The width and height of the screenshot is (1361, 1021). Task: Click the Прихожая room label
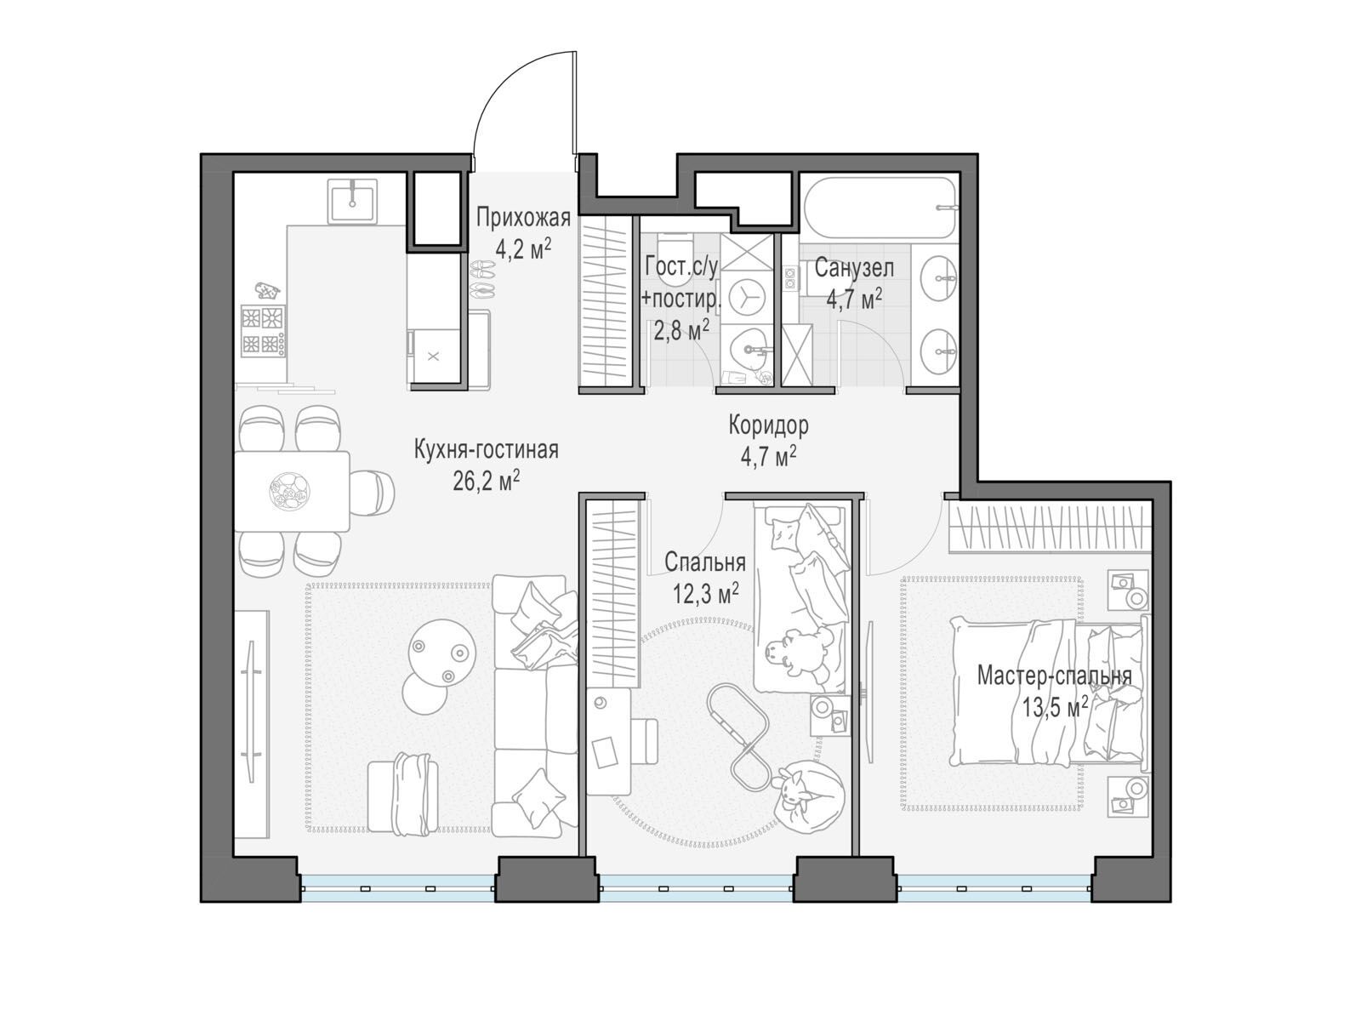pos(523,218)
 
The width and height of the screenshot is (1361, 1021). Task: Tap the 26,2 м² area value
pos(486,480)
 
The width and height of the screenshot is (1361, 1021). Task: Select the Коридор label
pos(768,425)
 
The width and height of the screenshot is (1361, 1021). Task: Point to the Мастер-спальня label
pos(1054,675)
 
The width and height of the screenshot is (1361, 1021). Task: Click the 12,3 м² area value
pos(706,594)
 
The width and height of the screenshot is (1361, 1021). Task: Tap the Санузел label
pos(854,268)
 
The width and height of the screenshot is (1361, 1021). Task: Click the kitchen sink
pos(352,200)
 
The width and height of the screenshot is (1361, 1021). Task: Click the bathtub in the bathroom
pos(880,208)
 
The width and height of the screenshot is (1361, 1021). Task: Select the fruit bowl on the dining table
pos(289,492)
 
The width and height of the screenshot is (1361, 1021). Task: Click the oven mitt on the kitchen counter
pos(267,291)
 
